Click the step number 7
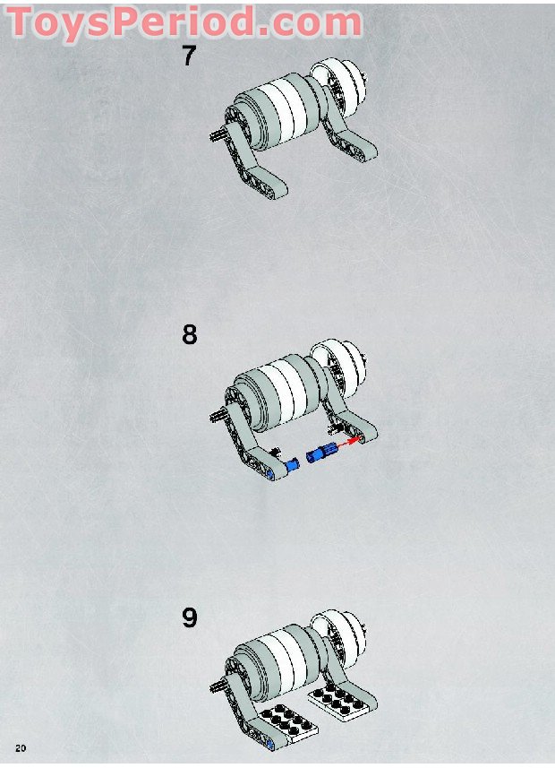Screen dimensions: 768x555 (188, 56)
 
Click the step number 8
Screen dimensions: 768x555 (189, 335)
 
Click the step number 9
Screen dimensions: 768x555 (189, 618)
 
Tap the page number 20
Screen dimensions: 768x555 (20, 747)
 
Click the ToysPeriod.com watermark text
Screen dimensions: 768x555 (185, 22)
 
